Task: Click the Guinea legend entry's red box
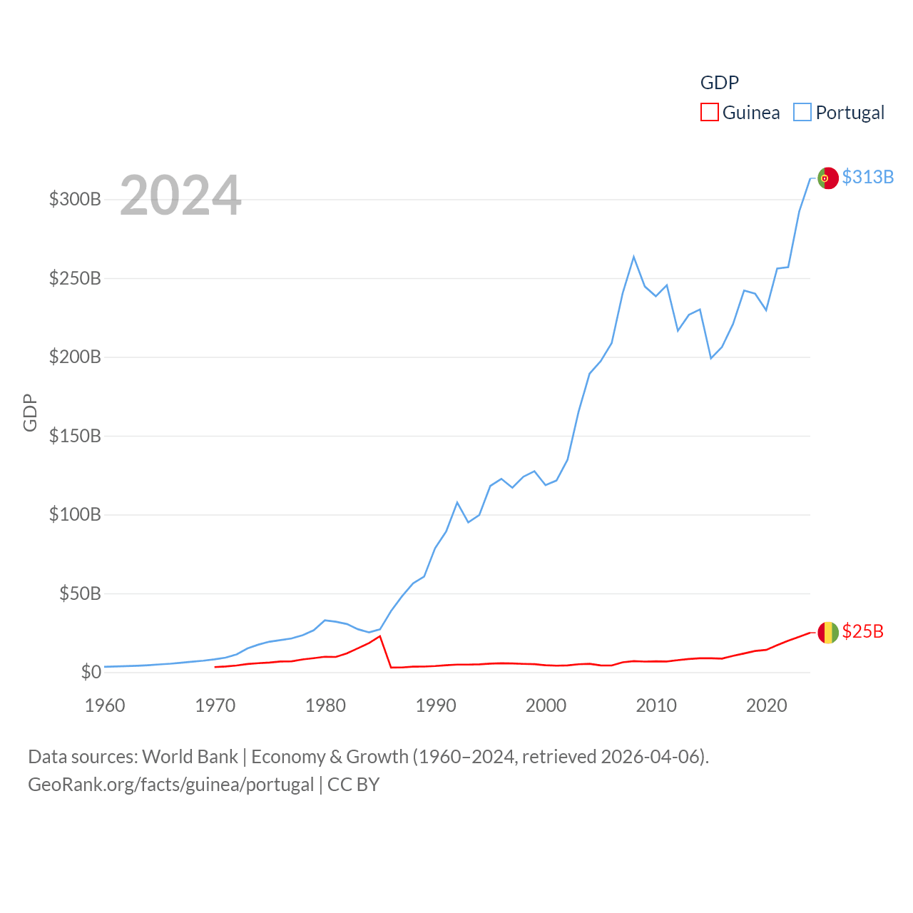(709, 113)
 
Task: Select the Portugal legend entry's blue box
(802, 113)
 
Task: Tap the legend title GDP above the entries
(719, 83)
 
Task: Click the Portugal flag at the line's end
(827, 178)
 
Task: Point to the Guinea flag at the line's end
(827, 632)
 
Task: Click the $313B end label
(867, 177)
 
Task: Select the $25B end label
(862, 631)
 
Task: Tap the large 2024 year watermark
(180, 195)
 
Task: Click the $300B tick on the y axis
(75, 199)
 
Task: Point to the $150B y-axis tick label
(75, 436)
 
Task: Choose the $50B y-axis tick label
(80, 593)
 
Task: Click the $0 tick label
(91, 672)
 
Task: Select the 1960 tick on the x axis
(105, 705)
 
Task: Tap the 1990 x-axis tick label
(436, 705)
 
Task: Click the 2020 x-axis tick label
(766, 705)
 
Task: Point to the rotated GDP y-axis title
(30, 412)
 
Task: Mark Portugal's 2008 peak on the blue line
(633, 257)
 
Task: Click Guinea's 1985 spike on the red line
(380, 636)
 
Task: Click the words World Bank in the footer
(190, 756)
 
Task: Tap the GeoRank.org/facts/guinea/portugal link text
(171, 785)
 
